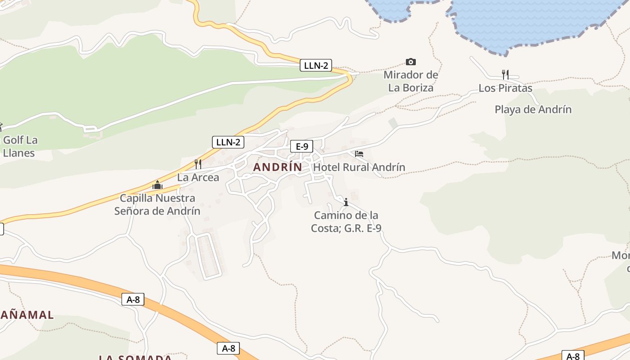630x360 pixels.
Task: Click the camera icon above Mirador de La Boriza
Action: pos(410,62)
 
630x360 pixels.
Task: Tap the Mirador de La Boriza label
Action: pos(411,81)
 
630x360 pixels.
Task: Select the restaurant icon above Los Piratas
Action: pos(505,74)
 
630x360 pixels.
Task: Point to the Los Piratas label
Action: pos(505,88)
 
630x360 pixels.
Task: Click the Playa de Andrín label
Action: pos(533,109)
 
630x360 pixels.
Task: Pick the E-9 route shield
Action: pos(301,146)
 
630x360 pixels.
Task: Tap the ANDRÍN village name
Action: pos(278,167)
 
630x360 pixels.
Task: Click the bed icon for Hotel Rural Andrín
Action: pos(359,154)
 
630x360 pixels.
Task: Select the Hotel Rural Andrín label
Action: pos(359,167)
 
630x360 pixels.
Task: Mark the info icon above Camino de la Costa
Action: pos(346,202)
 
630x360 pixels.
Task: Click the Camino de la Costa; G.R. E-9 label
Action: pos(346,222)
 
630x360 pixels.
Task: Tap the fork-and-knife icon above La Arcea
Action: pos(198,164)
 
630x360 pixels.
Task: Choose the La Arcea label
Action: pos(198,177)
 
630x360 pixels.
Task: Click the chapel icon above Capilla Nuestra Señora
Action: pos(157,185)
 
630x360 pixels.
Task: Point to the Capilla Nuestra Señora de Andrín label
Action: pos(157,204)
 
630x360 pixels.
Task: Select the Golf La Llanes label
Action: pos(20,146)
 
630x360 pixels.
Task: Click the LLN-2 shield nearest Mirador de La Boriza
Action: pos(316,66)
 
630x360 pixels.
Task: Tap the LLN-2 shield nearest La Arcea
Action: pos(228,142)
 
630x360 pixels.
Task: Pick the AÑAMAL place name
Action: pos(27,315)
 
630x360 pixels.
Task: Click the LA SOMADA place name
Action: pos(135,357)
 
